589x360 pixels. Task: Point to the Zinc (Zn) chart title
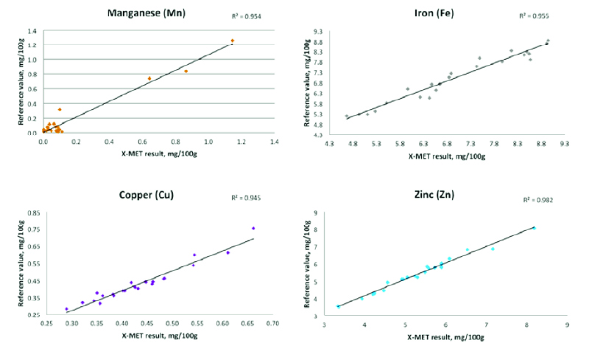pyautogui.click(x=434, y=196)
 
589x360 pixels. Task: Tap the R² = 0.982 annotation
pyautogui.click(x=537, y=200)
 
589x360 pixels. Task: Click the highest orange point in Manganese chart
pyautogui.click(x=232, y=41)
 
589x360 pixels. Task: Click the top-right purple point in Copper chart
pyautogui.click(x=253, y=229)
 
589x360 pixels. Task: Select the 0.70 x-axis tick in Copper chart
pyautogui.click(x=272, y=323)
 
